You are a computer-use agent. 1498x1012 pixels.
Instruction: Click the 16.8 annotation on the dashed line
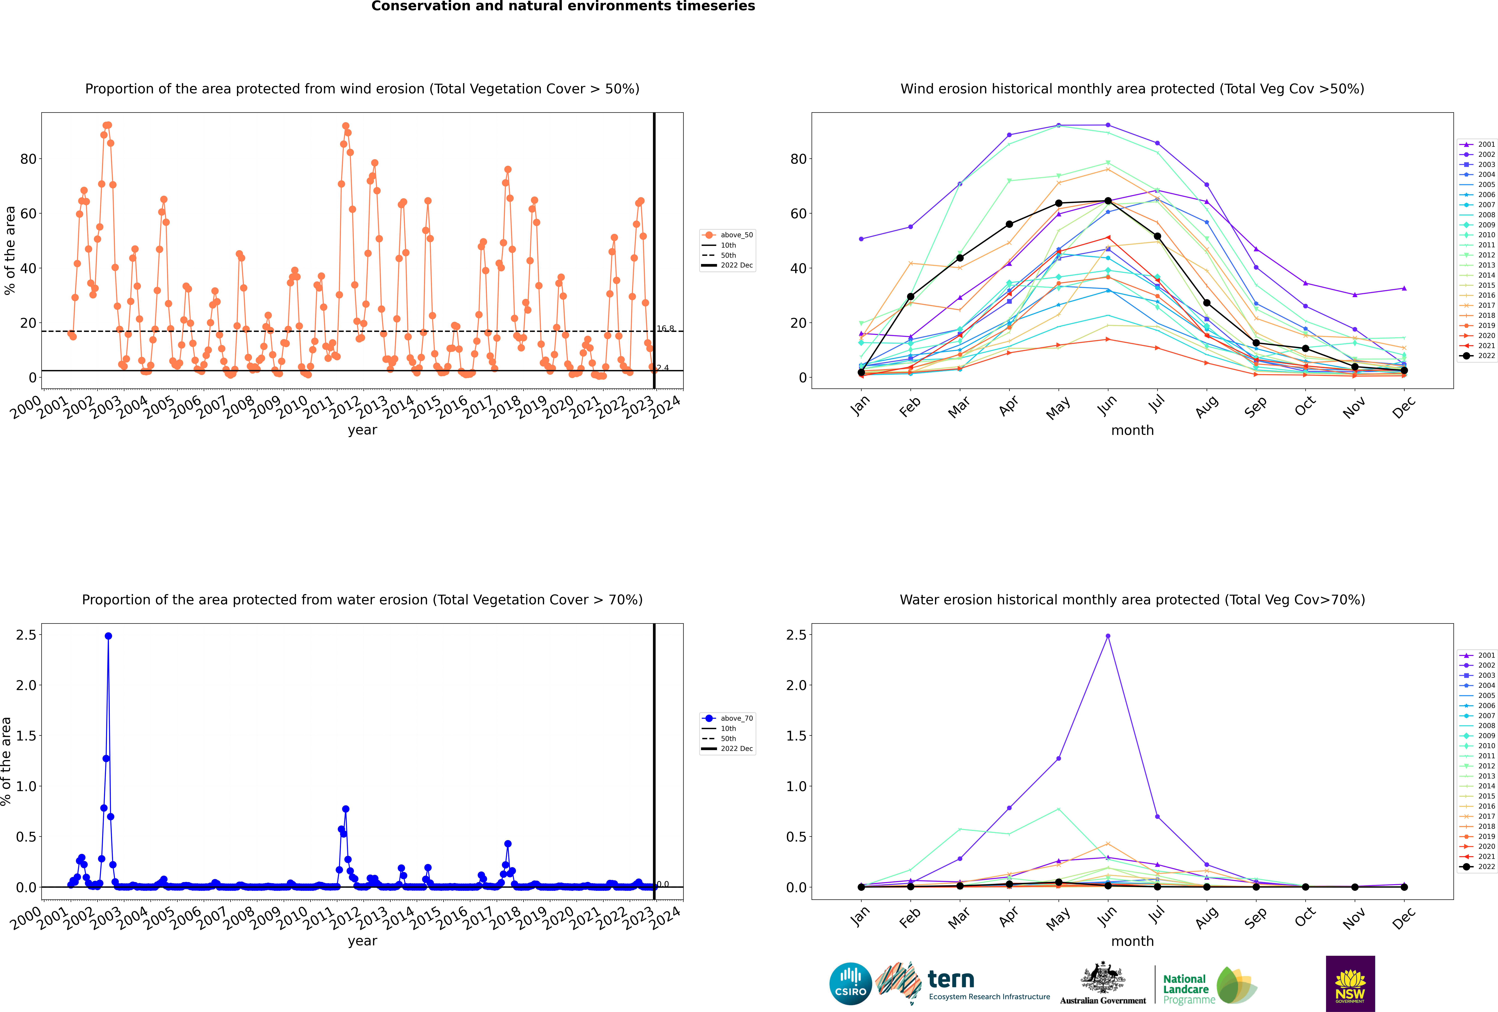665,329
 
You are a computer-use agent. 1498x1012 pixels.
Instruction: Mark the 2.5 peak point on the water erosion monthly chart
1107,636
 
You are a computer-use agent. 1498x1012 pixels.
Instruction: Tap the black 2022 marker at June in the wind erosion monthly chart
1107,201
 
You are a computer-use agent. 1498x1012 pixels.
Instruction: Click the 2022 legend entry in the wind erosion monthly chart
1477,356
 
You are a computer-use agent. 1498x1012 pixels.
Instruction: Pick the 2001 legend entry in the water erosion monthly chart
1477,655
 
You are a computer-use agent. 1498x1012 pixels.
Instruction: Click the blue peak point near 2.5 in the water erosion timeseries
108,636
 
